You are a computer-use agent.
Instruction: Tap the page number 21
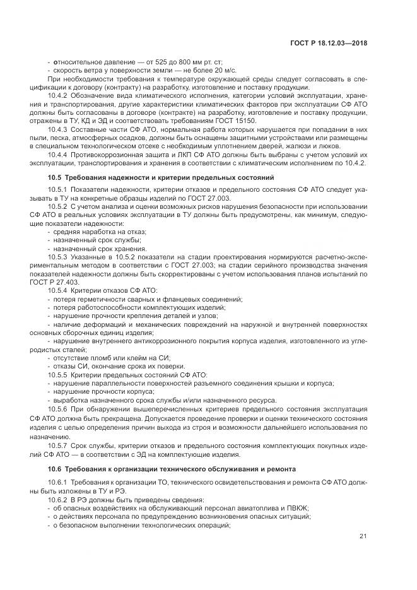pyautogui.click(x=363, y=536)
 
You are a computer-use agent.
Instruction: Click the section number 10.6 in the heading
pyautogui.click(x=55, y=469)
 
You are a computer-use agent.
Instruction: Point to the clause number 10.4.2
pyautogui.click(x=59, y=94)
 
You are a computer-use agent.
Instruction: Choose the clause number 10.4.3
pyautogui.click(x=59, y=129)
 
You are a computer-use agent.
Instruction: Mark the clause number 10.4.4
pyautogui.click(x=59, y=155)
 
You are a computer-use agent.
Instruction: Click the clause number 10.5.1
pyautogui.click(x=59, y=189)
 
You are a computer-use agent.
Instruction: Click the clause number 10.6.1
pyautogui.click(x=59, y=482)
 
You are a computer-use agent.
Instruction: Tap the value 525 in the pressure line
pyautogui.click(x=150, y=60)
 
